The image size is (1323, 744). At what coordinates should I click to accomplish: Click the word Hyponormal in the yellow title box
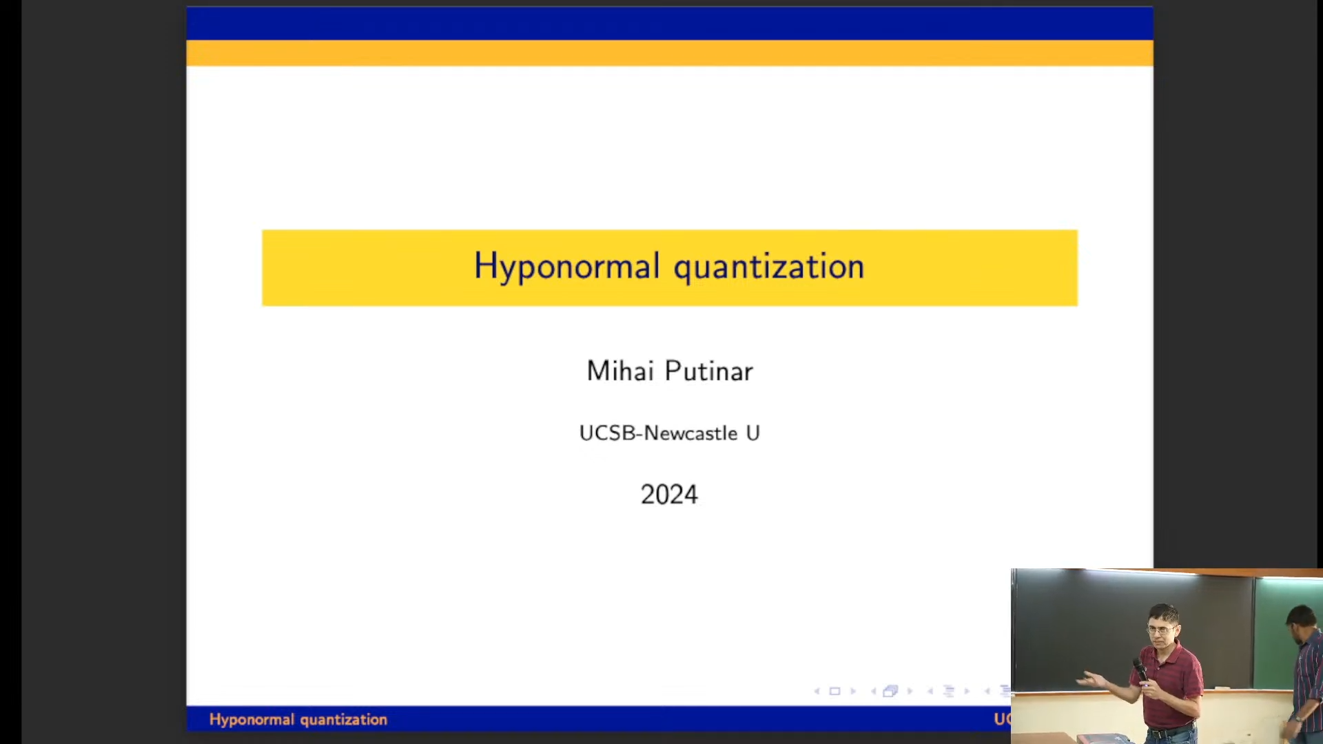pos(567,267)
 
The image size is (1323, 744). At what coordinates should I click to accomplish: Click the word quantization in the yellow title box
pos(769,267)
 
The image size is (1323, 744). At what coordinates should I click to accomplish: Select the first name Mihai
pos(620,371)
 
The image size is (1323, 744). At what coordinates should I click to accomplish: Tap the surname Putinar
pos(709,371)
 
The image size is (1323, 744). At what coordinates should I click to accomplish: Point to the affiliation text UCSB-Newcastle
pos(658,433)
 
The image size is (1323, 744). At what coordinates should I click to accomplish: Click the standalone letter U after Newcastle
pos(752,433)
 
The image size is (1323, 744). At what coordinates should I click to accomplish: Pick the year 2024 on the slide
pos(669,495)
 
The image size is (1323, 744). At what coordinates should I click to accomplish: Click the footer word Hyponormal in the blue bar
pos(252,720)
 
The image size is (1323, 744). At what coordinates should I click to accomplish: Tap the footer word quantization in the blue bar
pos(344,720)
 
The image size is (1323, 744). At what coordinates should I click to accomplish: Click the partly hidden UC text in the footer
pos(1002,719)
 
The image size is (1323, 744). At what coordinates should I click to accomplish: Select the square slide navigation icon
pos(834,691)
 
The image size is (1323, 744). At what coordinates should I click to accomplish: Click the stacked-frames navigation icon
pos(890,691)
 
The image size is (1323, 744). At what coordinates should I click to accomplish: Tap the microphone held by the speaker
pos(1140,668)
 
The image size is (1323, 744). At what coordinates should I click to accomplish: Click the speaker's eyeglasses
pos(1160,630)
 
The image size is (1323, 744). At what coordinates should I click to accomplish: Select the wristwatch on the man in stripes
pos(1299,719)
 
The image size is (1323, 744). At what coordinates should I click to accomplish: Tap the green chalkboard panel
pos(1287,630)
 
